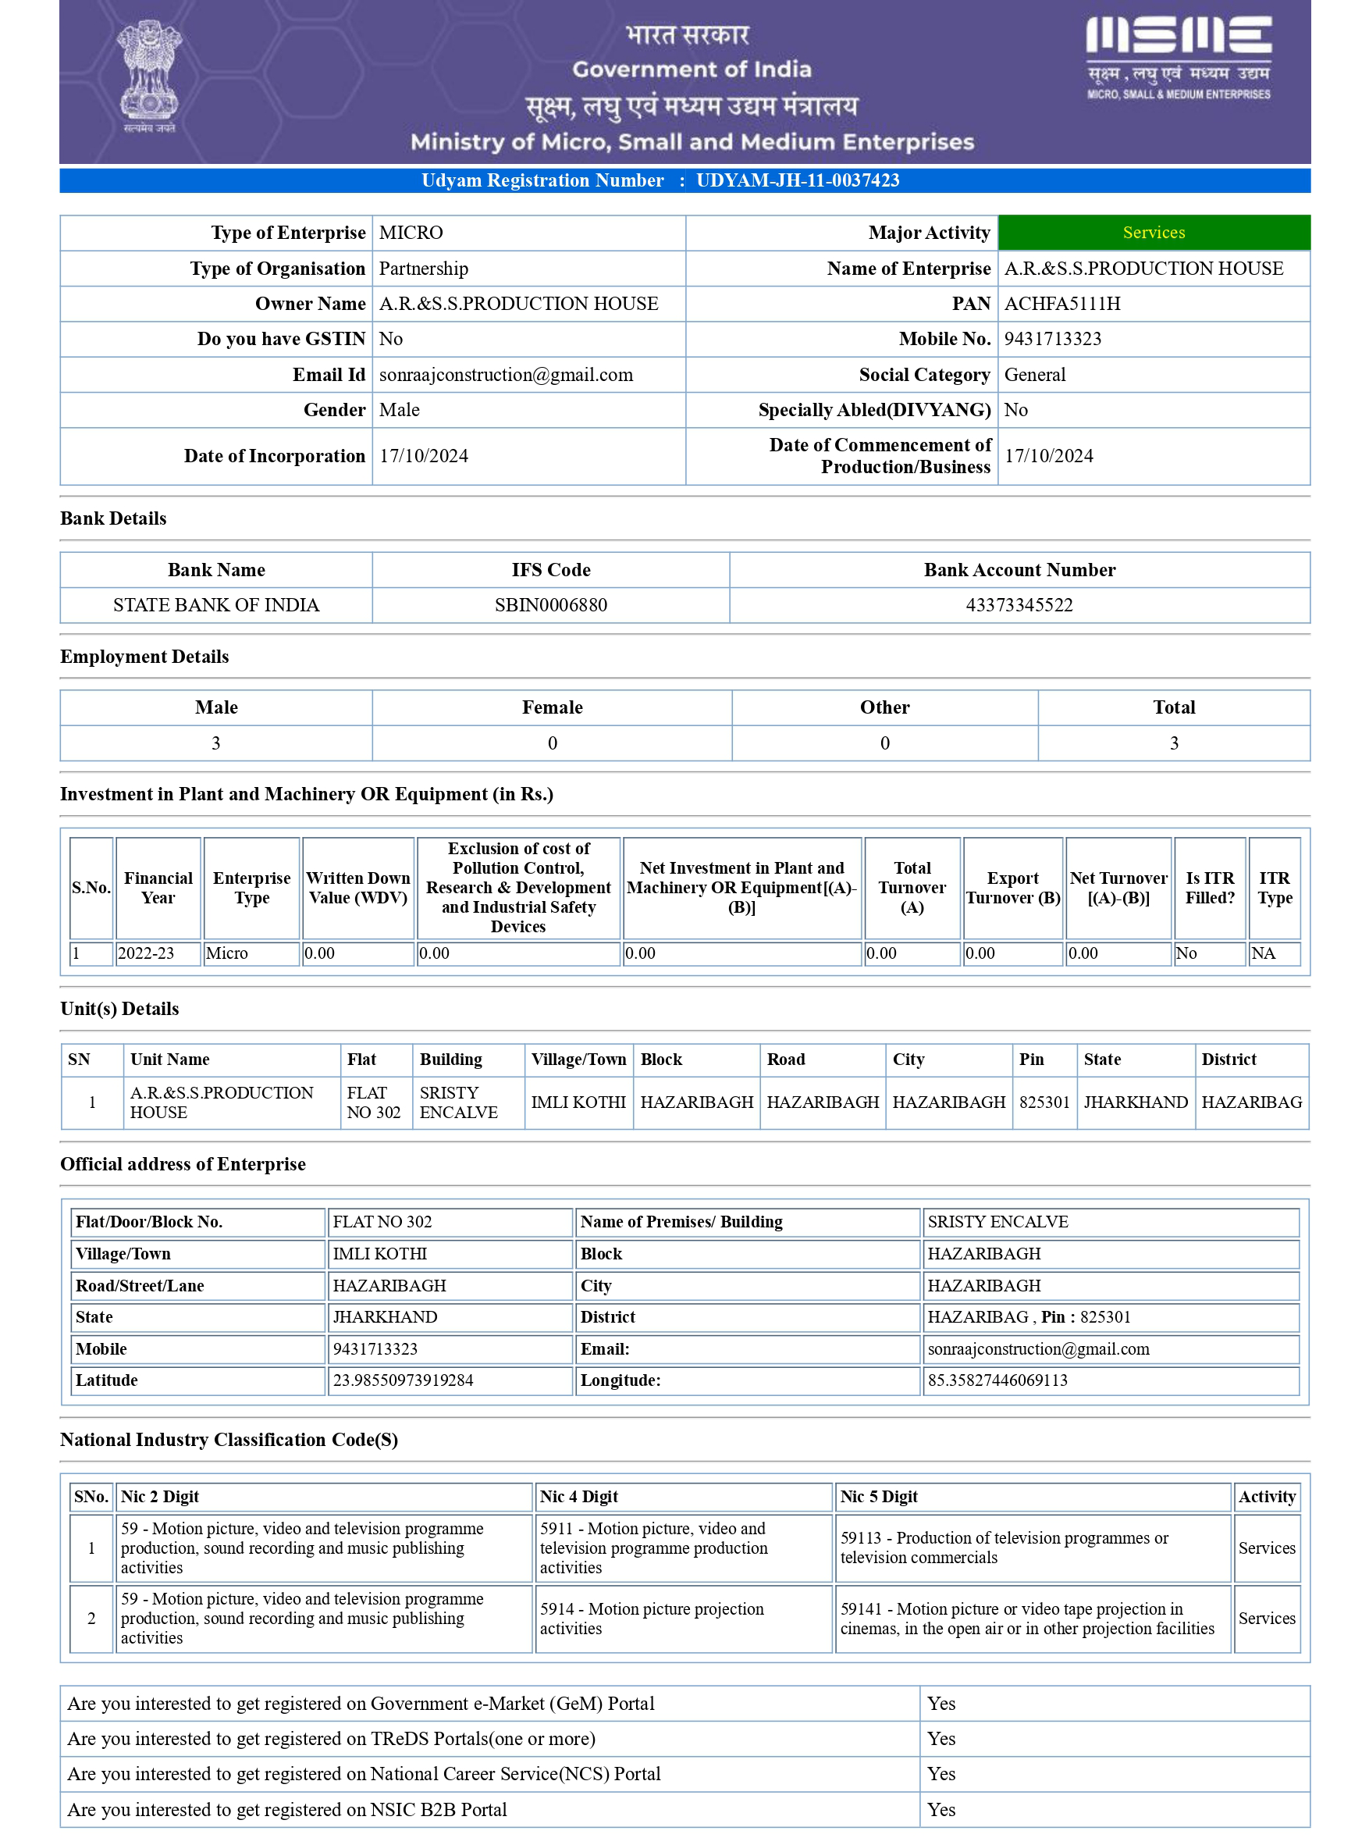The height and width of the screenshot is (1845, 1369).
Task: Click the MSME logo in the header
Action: (x=1178, y=56)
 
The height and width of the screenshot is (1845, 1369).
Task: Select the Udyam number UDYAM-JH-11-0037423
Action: (x=797, y=180)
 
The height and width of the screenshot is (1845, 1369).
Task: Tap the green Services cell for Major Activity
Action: (x=1154, y=233)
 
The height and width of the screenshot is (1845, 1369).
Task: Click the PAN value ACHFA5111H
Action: (x=1061, y=305)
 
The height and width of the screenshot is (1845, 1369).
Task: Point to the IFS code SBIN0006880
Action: (x=550, y=605)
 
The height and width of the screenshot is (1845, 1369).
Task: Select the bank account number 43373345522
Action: (x=1019, y=605)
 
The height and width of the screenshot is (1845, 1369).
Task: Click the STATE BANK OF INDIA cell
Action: (x=215, y=605)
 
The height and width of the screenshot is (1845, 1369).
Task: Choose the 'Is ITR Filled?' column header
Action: (x=1209, y=888)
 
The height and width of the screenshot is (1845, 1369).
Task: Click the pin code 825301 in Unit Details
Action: (x=1044, y=1102)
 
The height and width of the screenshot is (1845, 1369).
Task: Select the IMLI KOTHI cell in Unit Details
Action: (x=578, y=1102)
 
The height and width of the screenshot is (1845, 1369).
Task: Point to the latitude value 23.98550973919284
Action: (x=403, y=1380)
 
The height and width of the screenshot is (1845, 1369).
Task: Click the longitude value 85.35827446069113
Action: (x=997, y=1380)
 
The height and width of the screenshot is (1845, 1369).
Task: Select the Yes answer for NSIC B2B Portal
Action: (x=941, y=1809)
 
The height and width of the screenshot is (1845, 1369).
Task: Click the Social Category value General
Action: (x=1034, y=375)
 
